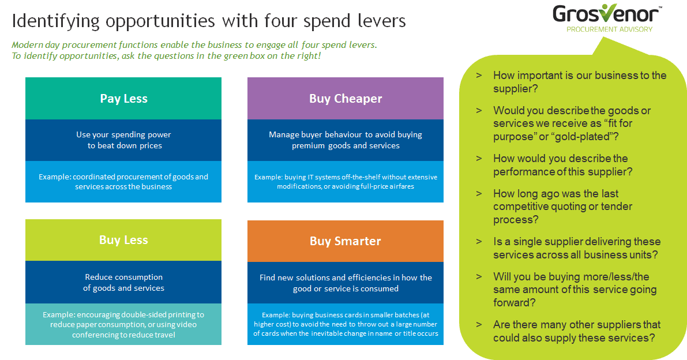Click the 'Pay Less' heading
123,99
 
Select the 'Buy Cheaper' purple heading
346,99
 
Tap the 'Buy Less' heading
123,240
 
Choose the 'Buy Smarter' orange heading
346,241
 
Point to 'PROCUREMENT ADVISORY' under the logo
610,29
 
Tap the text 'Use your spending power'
123,134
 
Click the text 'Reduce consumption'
123,277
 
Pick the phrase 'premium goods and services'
346,145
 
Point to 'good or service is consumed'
346,288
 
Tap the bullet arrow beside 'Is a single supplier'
479,242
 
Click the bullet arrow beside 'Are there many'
479,325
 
